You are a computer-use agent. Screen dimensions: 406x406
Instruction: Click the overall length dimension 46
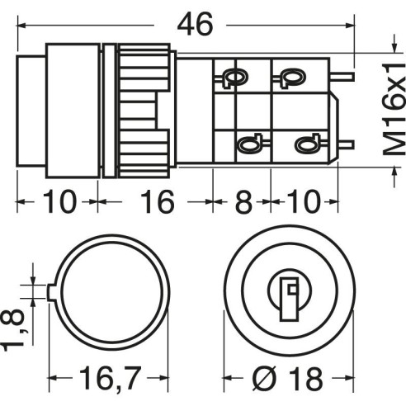pos(195,25)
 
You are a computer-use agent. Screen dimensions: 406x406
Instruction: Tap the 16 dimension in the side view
pos(158,202)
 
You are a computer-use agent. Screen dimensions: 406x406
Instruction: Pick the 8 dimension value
pos(243,202)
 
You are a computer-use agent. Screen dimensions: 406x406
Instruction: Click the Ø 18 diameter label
pos(287,379)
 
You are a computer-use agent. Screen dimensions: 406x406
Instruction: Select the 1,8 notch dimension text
pos(12,330)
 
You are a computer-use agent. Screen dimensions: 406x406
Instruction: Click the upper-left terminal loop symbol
pos(234,78)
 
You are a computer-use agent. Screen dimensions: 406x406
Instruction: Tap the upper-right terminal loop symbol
pos(291,78)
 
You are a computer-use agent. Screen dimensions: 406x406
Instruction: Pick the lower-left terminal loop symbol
pos(251,144)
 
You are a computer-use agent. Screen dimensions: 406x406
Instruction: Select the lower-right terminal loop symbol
pos(308,144)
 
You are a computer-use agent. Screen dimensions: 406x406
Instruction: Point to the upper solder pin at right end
pos(342,77)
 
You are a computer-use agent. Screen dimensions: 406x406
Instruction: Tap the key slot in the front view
pos(290,299)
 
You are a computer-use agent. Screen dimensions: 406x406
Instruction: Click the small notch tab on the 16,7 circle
pos(51,292)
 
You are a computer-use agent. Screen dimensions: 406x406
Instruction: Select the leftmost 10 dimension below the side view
pos(59,202)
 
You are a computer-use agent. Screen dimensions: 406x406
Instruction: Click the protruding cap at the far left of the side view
pos(31,111)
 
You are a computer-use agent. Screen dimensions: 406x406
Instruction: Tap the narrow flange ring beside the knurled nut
pos(110,111)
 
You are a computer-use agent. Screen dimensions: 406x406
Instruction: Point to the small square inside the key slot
pos(292,290)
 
